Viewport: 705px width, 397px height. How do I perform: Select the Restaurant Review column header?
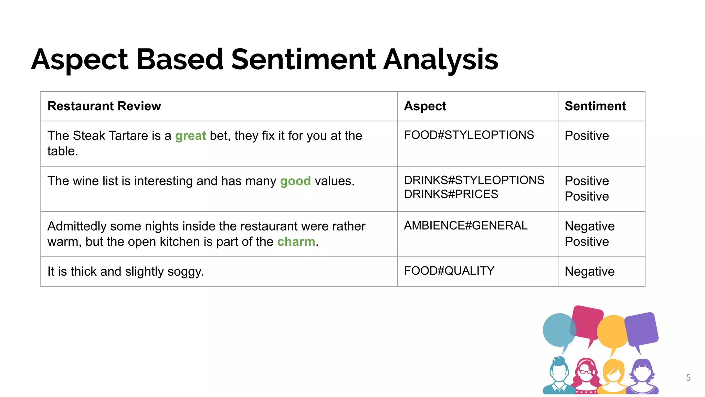(x=104, y=106)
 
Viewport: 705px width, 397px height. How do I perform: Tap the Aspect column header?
(x=425, y=106)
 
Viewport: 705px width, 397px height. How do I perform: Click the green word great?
(x=190, y=136)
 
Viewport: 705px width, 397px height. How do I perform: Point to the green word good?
(x=295, y=181)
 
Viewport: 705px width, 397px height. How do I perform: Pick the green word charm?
(x=296, y=242)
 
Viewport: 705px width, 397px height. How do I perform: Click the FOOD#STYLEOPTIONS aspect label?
(x=469, y=135)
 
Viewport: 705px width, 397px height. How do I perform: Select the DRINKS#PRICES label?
(x=451, y=194)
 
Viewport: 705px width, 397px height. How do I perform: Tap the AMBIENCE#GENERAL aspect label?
(x=465, y=226)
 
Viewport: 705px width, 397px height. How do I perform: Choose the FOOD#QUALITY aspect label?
(x=449, y=271)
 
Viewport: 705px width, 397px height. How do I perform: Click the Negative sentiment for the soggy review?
(x=589, y=272)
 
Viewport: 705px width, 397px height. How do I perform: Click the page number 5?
(x=688, y=378)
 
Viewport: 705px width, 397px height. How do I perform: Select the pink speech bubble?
(x=587, y=322)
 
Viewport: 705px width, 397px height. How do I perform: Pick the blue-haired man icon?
(x=559, y=376)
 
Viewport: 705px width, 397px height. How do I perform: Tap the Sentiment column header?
(x=595, y=106)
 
